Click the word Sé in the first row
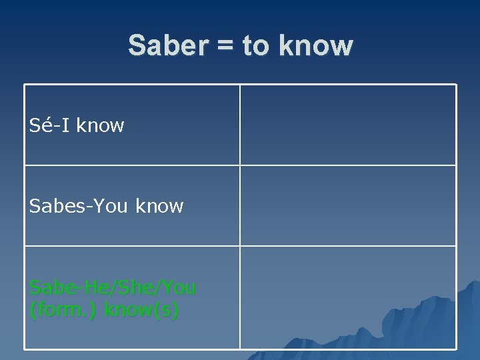(x=41, y=125)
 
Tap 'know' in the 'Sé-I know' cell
(x=100, y=125)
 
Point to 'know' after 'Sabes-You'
(x=159, y=206)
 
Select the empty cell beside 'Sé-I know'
(x=348, y=125)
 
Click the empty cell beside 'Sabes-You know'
(x=348, y=205)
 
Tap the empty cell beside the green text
(x=348, y=297)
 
